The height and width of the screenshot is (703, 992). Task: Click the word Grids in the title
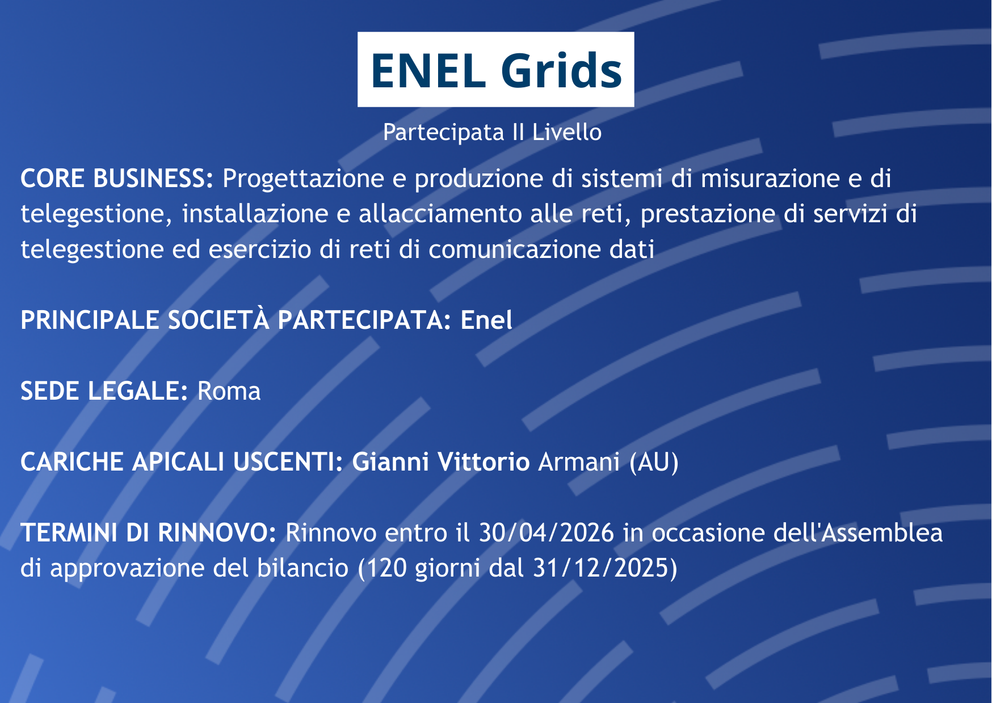coord(561,70)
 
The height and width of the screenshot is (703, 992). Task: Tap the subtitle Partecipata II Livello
coord(492,132)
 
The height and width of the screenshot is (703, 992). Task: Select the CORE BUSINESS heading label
coord(117,179)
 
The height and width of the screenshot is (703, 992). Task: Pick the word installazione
coord(255,214)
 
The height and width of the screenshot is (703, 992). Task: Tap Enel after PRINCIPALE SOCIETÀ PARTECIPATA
coord(486,320)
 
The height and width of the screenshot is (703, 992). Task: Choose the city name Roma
coord(229,391)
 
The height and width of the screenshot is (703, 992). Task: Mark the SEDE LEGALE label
coord(104,391)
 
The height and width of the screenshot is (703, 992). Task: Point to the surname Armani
coord(579,462)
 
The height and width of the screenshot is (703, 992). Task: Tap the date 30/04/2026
coord(547,533)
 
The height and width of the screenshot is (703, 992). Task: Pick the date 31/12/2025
coord(601,569)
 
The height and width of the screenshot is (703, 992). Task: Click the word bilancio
coord(302,568)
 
